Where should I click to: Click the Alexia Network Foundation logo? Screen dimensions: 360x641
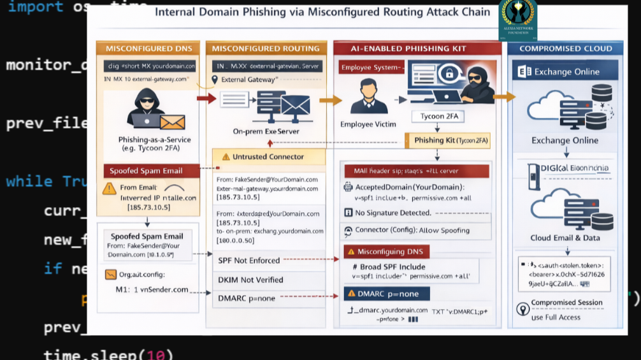pos(517,19)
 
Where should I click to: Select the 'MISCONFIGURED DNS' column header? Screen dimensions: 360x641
pos(148,48)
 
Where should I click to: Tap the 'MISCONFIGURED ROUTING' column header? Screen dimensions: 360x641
pos(265,48)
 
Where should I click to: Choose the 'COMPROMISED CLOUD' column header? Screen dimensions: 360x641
pos(565,48)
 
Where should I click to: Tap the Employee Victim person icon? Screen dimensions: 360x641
pos(368,96)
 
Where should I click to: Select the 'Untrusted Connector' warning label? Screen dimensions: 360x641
pos(268,157)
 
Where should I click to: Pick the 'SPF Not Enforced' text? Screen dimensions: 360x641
pos(248,260)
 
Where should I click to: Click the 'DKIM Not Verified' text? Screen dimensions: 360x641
pos(250,280)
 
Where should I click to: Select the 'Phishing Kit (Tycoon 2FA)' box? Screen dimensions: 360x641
pos(448,140)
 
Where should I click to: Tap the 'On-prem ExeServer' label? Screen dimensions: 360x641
pos(266,131)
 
